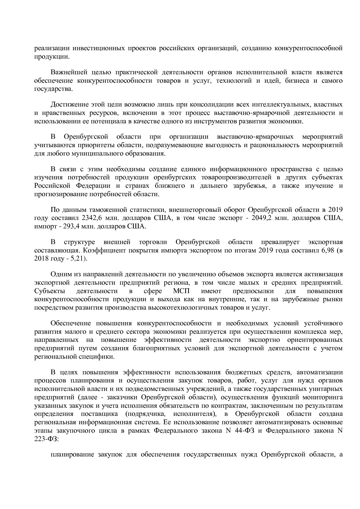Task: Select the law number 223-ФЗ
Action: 46,439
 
